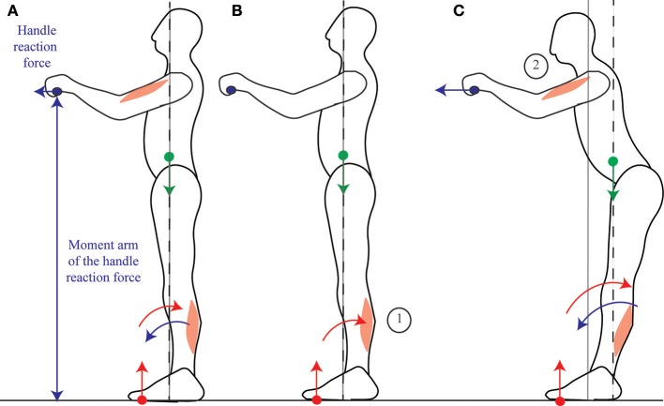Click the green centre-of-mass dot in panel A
(169, 157)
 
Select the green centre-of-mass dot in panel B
(343, 156)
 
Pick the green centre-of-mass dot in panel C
(612, 162)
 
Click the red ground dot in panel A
(143, 400)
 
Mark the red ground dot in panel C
(561, 400)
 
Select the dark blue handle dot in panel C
(475, 90)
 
